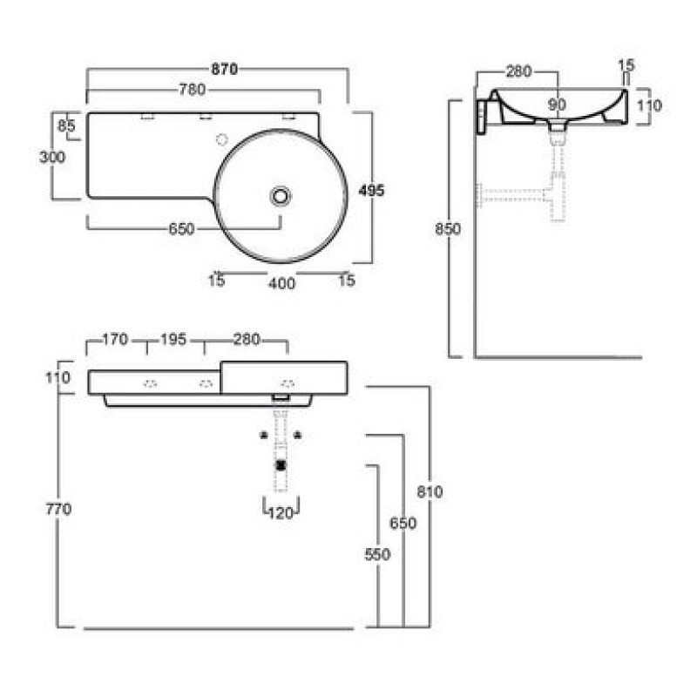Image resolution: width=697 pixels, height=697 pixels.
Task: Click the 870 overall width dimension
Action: [x=224, y=70]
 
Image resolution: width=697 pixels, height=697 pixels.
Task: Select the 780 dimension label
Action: [x=192, y=90]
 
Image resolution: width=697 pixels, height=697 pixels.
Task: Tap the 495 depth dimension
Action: [x=371, y=190]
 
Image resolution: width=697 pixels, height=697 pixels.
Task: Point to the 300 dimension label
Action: [x=52, y=157]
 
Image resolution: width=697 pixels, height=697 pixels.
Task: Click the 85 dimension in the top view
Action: [x=66, y=126]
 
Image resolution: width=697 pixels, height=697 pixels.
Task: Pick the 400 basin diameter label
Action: [x=281, y=283]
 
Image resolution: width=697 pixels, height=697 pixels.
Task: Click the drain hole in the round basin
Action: [x=281, y=196]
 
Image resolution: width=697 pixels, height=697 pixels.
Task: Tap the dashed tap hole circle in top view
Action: [x=222, y=139]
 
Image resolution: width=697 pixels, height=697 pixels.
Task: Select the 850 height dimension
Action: [x=448, y=229]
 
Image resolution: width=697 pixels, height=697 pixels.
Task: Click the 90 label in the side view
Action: [x=557, y=105]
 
